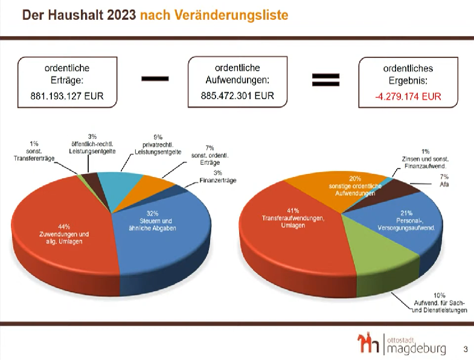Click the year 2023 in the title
click(121, 15)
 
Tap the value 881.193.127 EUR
click(67, 96)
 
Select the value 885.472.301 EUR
click(237, 95)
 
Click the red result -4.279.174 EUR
click(408, 97)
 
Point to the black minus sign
click(155, 79)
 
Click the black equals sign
click(325, 80)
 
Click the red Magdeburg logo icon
click(368, 342)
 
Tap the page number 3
click(466, 349)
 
